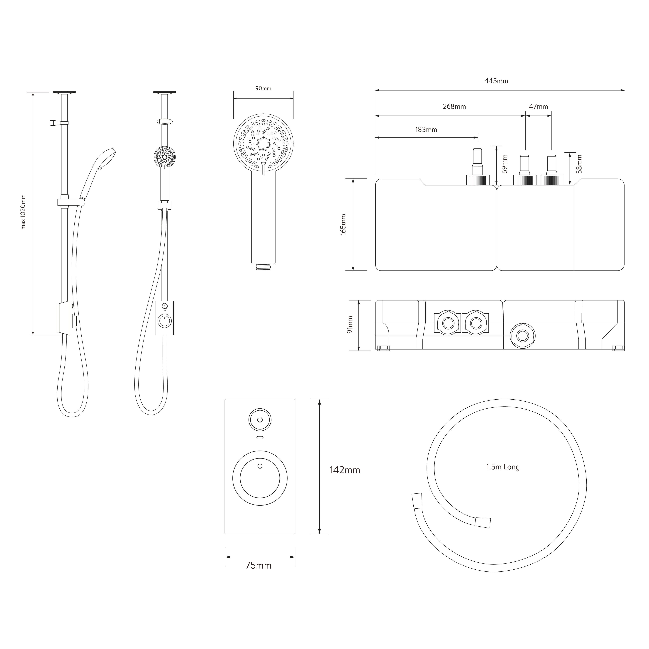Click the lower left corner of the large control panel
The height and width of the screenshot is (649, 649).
(x=225, y=534)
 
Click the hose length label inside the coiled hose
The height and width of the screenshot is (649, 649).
(x=503, y=467)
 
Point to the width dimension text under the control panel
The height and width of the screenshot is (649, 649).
(x=258, y=566)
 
